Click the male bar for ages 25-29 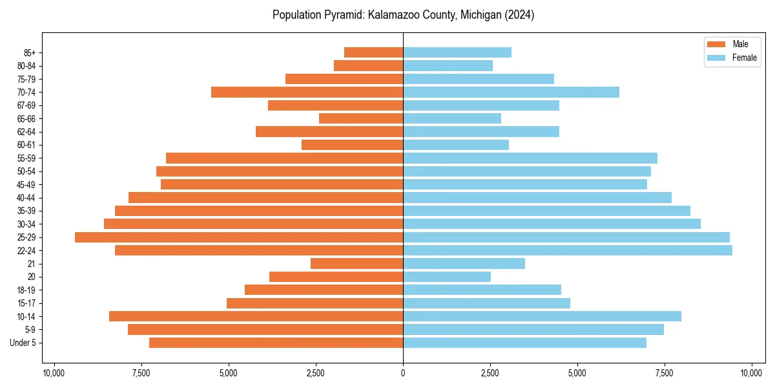pos(239,237)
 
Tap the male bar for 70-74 pos(307,92)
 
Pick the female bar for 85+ pos(457,52)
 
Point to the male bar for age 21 pos(356,264)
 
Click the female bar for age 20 pos(447,277)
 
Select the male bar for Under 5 pos(276,343)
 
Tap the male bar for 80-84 pos(368,66)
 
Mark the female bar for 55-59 pos(530,158)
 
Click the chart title pos(403,15)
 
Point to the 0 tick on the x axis pos(403,373)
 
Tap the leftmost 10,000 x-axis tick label pos(54,373)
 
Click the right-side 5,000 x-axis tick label pos(577,373)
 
